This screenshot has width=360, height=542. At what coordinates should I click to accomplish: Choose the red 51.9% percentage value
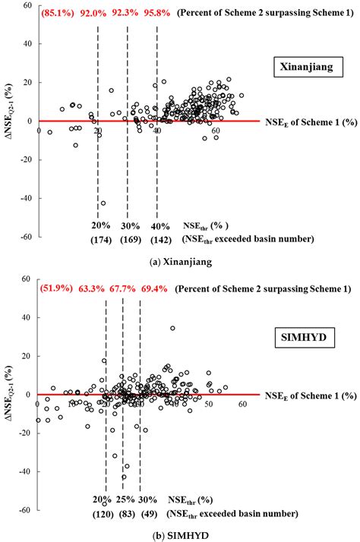(58, 288)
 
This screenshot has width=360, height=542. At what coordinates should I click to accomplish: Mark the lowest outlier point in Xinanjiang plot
(103, 203)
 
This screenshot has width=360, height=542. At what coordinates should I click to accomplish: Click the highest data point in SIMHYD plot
(172, 328)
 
